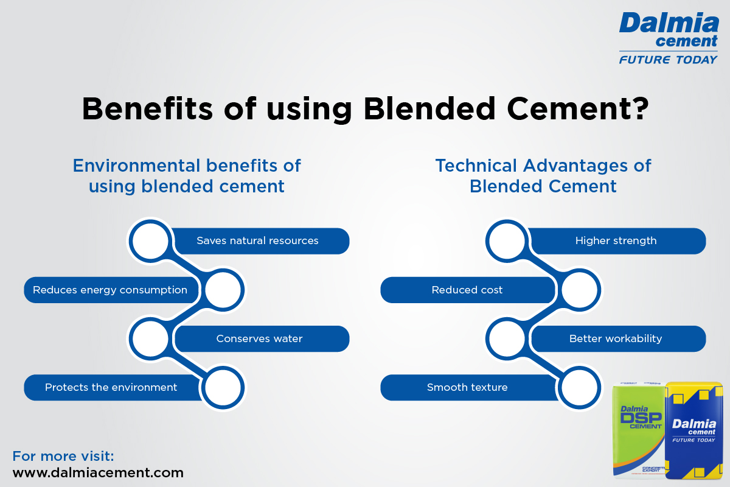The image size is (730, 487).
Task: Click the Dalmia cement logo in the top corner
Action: coord(669,38)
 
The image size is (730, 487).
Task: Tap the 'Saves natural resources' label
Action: coord(257,240)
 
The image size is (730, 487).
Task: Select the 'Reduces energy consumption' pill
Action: coord(110,290)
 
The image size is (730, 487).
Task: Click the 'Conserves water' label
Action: coord(259,338)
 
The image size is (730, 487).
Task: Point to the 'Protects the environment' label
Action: coord(111,388)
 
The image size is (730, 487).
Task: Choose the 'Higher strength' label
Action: coord(616,240)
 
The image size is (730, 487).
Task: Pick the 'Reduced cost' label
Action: coord(467,290)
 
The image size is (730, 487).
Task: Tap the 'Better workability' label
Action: coord(616,338)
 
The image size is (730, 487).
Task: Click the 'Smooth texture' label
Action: coord(467,388)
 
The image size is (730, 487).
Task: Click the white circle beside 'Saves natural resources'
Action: coord(151,241)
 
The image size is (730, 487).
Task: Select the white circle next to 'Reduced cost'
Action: coord(579,290)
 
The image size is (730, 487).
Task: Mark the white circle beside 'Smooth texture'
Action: coord(579,388)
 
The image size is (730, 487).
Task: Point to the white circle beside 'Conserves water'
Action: coord(151,338)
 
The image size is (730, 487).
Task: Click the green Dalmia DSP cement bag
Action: coord(638,430)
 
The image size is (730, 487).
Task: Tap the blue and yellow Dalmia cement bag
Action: coord(693,430)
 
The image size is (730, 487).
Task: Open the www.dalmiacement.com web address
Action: coord(98,472)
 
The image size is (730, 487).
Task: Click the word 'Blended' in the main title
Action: coord(429,108)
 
